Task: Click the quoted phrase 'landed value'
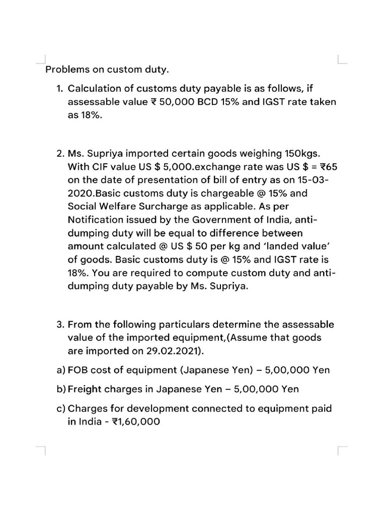294,247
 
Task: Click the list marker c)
61,409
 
